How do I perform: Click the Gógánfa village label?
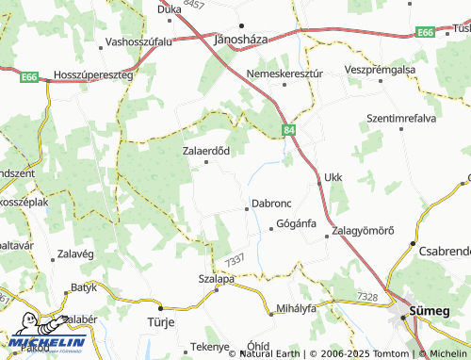pyautogui.click(x=296, y=224)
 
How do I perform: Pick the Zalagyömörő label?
pyautogui.click(x=363, y=233)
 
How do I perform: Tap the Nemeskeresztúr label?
pyautogui.click(x=284, y=72)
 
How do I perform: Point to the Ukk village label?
pyautogui.click(x=333, y=176)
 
